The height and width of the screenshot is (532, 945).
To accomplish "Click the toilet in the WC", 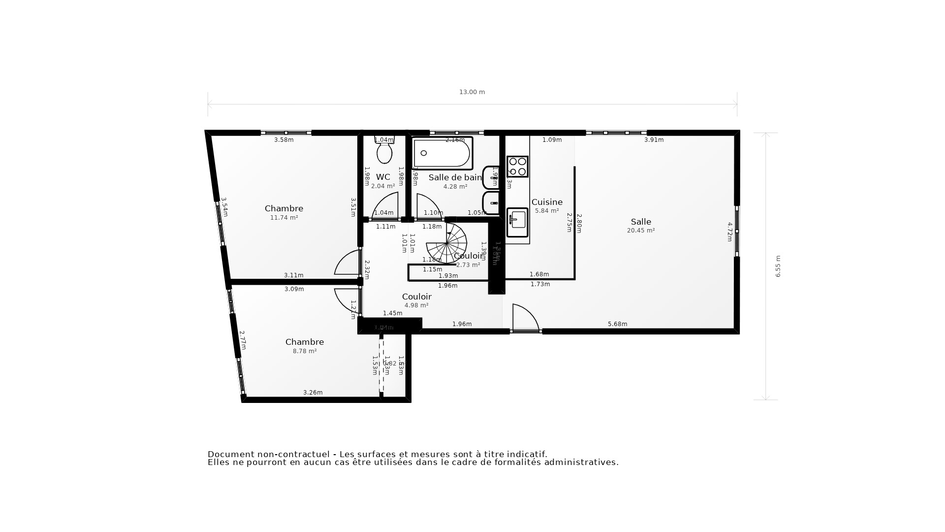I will (x=384, y=151).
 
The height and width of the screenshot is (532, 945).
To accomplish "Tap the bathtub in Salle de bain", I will (x=442, y=153).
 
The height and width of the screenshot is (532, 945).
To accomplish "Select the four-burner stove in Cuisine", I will (x=517, y=166).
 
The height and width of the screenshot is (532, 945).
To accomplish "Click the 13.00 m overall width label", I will (x=472, y=92).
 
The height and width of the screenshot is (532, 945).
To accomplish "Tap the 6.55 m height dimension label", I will (x=778, y=266).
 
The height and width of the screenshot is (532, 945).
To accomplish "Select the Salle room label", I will (x=641, y=222).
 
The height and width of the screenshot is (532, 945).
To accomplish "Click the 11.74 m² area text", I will (x=284, y=218).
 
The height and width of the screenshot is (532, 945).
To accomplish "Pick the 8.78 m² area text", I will (x=305, y=351).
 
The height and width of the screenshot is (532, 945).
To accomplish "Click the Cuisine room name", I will (x=547, y=202).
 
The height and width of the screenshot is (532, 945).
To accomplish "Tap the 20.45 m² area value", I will (x=641, y=231).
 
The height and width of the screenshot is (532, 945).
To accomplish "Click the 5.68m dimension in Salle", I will (x=617, y=324).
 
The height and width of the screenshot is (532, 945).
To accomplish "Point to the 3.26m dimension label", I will (x=313, y=393).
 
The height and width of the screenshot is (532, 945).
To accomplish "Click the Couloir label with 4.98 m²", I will (x=416, y=297).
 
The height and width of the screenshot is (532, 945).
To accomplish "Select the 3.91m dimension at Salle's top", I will (x=654, y=140).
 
